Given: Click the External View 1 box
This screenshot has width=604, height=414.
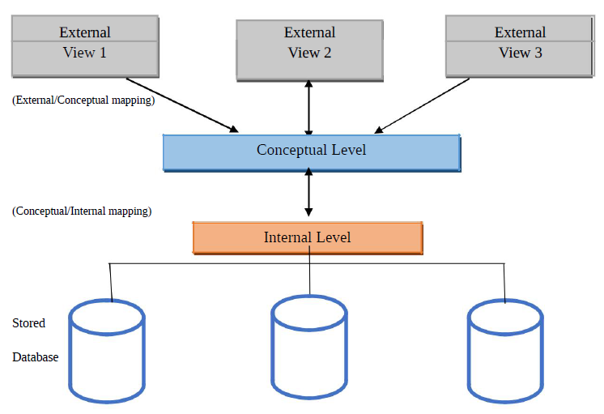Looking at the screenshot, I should pyautogui.click(x=85, y=44).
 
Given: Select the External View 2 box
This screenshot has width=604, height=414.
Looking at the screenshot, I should pyautogui.click(x=309, y=48).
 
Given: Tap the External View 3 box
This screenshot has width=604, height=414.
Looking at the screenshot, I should pyautogui.click(x=519, y=44).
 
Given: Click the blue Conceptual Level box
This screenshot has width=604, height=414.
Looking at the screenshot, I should pyautogui.click(x=311, y=152).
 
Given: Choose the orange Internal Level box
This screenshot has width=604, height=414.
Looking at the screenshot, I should pyautogui.click(x=307, y=237).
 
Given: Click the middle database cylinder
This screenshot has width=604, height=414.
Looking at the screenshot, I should pyautogui.click(x=309, y=348).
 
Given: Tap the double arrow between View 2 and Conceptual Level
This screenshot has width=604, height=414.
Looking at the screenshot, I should pyautogui.click(x=308, y=107).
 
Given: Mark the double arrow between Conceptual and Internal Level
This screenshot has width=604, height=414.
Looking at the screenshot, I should pyautogui.click(x=308, y=194).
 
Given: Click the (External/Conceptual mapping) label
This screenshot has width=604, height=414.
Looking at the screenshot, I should pyautogui.click(x=83, y=102).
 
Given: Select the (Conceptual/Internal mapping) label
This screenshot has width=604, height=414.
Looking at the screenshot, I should pyautogui.click(x=82, y=211).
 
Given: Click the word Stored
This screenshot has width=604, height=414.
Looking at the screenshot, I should pyautogui.click(x=28, y=323).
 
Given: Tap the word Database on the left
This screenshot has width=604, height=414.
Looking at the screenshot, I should pyautogui.click(x=36, y=356).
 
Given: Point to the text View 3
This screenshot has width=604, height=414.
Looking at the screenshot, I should pyautogui.click(x=520, y=53).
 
